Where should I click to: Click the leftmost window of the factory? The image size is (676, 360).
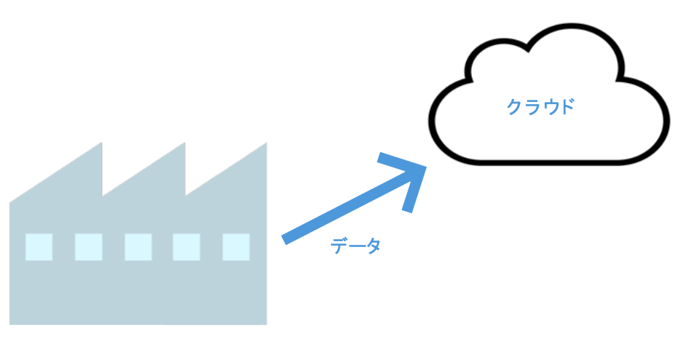click(x=39, y=247)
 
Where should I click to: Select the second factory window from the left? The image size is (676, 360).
click(x=88, y=247)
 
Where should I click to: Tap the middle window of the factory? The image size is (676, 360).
click(x=138, y=247)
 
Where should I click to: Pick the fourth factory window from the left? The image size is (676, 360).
click(x=186, y=247)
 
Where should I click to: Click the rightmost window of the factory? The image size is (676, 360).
click(x=236, y=247)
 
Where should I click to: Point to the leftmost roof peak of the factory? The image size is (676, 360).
click(x=101, y=143)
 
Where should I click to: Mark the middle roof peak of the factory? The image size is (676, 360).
click(x=184, y=143)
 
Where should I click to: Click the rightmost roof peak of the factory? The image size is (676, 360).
click(x=266, y=143)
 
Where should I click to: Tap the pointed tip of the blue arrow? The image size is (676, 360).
click(x=426, y=167)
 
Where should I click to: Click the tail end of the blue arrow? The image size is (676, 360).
click(x=284, y=240)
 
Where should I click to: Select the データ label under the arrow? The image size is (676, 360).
click(x=355, y=246)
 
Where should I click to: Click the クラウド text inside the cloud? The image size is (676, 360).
click(x=540, y=107)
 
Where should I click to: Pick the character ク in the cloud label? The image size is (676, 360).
click(x=515, y=107)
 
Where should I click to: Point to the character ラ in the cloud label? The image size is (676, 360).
click(x=532, y=107)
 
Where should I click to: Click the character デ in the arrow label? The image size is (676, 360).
click(x=338, y=246)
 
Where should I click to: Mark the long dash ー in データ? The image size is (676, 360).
click(x=356, y=246)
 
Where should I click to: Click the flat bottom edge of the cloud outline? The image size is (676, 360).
click(x=549, y=163)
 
